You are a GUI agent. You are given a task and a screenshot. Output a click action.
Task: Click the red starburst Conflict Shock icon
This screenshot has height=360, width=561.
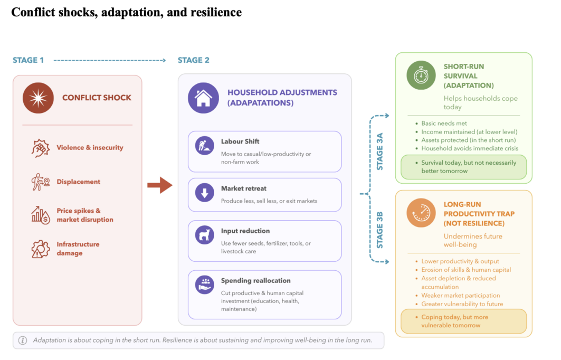(38, 98)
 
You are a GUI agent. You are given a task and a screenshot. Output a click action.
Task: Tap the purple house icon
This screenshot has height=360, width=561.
(203, 98)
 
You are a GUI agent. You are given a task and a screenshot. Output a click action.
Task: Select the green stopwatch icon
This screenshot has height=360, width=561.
(421, 75)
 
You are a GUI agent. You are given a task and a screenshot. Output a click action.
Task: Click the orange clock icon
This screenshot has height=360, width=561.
(421, 213)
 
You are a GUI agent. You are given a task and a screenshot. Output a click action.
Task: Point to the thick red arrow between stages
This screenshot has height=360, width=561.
(160, 185)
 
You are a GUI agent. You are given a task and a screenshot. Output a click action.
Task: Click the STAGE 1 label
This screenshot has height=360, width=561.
(28, 60)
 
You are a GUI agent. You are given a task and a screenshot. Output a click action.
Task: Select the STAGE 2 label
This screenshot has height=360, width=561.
(194, 60)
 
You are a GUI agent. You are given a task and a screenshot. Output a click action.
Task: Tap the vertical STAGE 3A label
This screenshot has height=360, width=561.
(380, 151)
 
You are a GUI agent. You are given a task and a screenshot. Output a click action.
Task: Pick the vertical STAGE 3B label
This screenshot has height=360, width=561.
(380, 230)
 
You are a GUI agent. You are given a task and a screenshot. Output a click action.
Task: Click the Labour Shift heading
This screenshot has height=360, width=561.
(240, 141)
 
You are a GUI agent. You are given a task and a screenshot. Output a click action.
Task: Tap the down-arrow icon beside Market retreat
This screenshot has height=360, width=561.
(204, 193)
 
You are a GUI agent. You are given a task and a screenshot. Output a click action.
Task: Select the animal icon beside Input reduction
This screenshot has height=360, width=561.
(204, 235)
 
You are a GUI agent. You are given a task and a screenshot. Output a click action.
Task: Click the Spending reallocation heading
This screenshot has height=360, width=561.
(256, 280)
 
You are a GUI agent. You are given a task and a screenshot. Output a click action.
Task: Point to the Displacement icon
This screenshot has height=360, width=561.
(41, 182)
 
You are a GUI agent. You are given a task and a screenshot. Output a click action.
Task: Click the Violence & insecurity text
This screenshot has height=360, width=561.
(90, 147)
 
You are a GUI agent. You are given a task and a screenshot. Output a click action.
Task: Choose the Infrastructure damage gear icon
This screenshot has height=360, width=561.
(41, 249)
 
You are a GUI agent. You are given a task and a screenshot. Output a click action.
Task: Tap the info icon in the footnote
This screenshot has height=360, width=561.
(23, 340)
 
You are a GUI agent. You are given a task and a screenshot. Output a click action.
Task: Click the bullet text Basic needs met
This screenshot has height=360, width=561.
(444, 124)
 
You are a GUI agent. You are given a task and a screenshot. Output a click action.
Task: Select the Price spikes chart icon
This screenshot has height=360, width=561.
(41, 215)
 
